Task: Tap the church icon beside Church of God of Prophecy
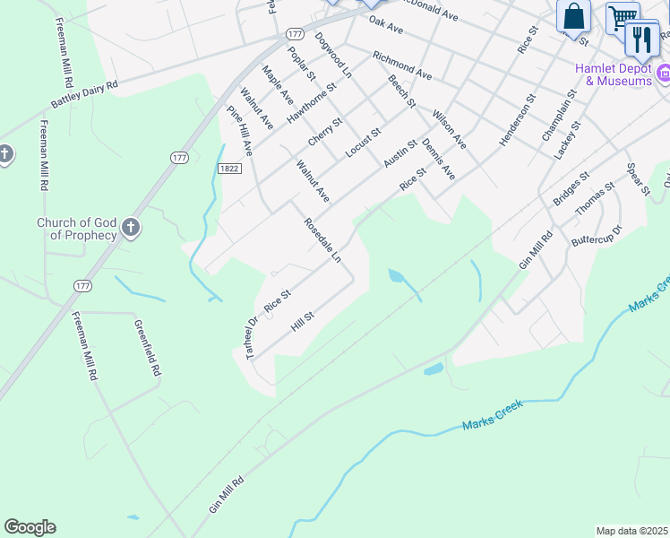131,228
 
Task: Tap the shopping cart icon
622,17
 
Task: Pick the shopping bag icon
573,16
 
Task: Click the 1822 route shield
228,167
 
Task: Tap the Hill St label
303,322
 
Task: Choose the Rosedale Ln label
322,239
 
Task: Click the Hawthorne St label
310,102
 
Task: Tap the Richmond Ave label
402,65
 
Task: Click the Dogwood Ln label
333,55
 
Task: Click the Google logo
30,527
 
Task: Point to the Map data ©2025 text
631,531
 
